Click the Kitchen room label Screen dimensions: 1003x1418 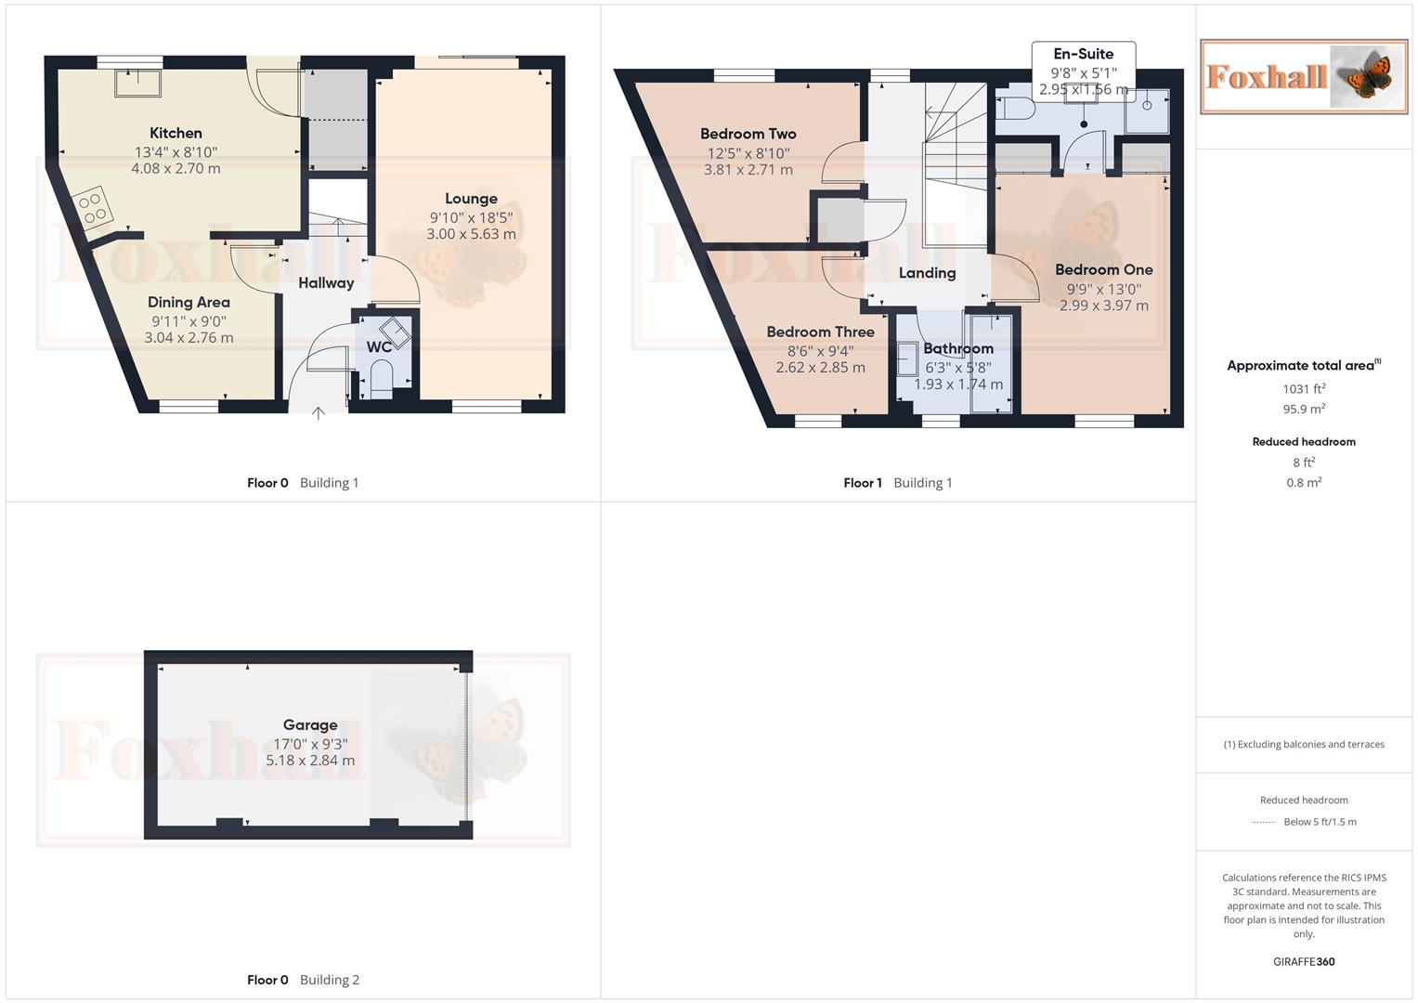pos(176,133)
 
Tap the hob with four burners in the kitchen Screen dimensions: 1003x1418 pos(93,208)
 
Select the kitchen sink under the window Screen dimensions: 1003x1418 pos(137,83)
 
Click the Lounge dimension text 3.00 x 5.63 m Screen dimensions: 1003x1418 pos(471,234)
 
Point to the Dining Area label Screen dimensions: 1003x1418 pos(189,302)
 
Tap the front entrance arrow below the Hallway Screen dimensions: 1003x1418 pos(318,412)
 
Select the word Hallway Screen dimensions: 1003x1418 pos(326,282)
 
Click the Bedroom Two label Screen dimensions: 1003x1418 pos(748,134)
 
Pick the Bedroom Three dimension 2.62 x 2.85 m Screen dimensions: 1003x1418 pos(820,367)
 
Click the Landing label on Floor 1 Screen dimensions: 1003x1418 pos(927,272)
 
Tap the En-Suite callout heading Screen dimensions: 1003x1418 pos(1083,54)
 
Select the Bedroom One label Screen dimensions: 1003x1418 pos(1103,269)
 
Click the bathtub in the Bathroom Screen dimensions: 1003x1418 pos(991,363)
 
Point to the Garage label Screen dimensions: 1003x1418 pos(310,724)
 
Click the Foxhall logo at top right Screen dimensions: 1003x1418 pos(1304,76)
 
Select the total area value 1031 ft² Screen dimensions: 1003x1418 pos(1304,389)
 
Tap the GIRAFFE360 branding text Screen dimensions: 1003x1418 pos(1304,961)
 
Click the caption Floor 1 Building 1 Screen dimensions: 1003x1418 pos(897,483)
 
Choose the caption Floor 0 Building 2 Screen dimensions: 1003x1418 pos(303,980)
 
